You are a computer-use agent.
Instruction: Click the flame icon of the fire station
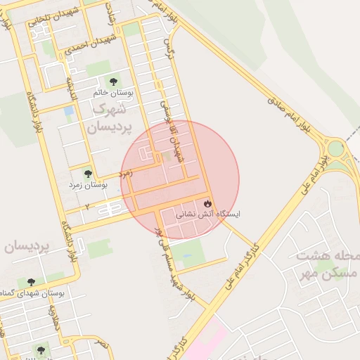207,203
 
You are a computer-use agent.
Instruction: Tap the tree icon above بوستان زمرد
88,174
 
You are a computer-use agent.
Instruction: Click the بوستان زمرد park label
87,185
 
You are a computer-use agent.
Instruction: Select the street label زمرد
126,172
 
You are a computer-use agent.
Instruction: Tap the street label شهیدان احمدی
90,44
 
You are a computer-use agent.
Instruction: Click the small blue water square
68,111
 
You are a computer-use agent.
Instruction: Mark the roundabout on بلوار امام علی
335,149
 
